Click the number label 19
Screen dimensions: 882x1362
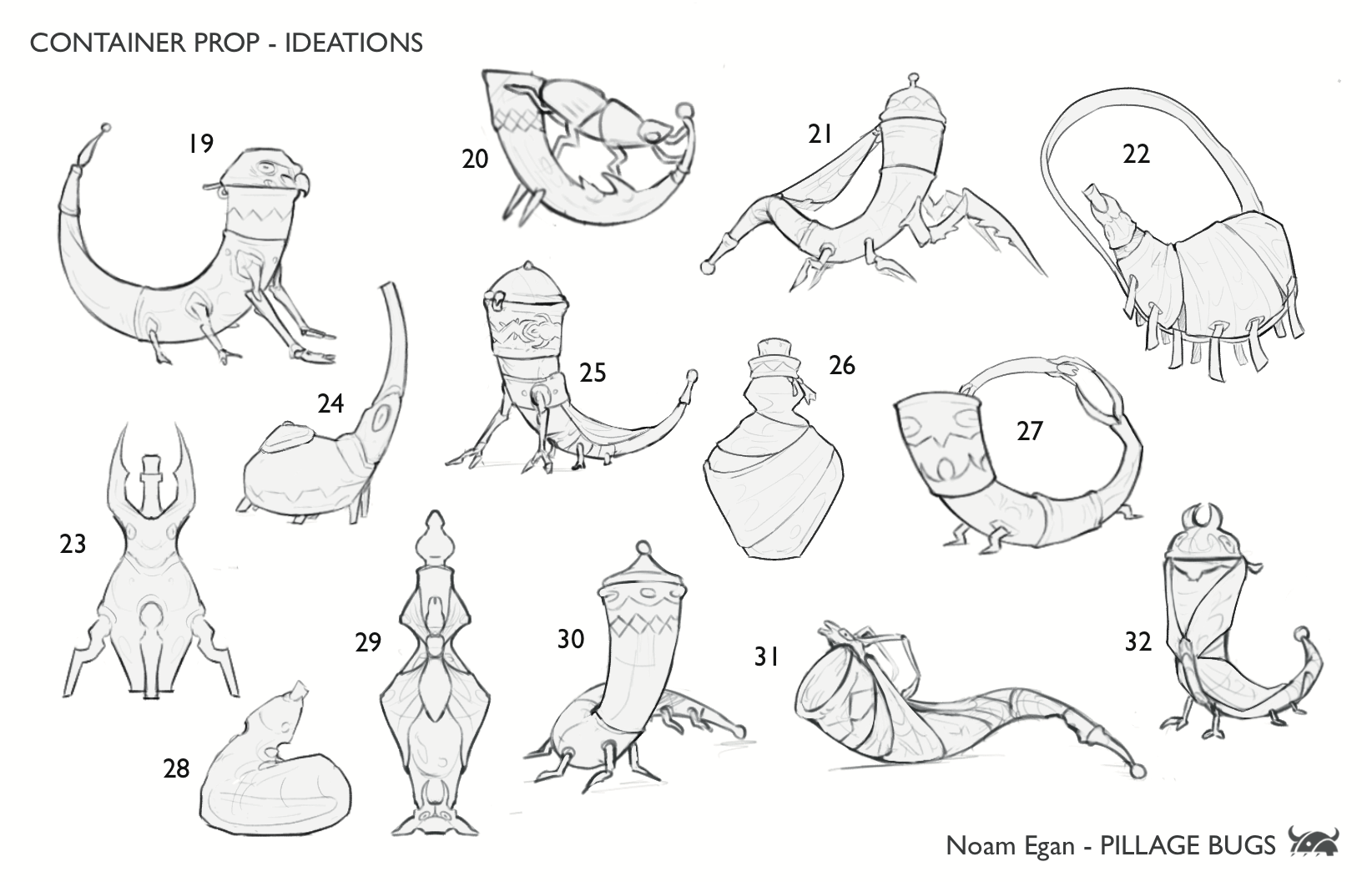[x=200, y=144]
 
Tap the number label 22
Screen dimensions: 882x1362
[x=1136, y=155]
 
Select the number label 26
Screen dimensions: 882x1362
[x=842, y=365]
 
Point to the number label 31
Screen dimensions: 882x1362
[x=766, y=657]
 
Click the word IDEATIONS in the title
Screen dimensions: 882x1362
[x=354, y=43]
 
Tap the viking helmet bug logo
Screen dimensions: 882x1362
[x=1314, y=844]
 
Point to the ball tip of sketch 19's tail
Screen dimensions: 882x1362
[x=105, y=129]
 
